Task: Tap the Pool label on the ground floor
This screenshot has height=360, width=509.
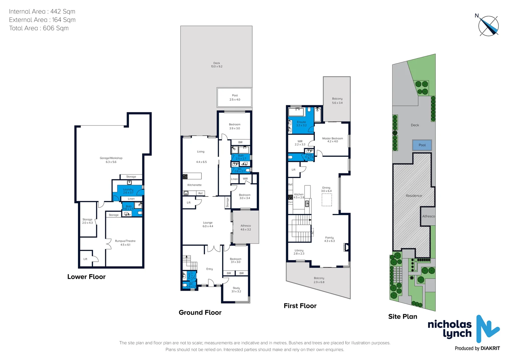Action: point(235,96)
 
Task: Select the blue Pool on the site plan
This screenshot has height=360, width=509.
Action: point(422,145)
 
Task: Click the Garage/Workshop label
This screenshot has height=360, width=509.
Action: point(111,158)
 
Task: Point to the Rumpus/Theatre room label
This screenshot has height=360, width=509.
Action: point(125,241)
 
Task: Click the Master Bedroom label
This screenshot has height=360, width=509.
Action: point(332,138)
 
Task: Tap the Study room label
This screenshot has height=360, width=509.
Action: point(236,288)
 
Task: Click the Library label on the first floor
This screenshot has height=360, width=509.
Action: point(299,251)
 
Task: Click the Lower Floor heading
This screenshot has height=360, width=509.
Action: point(86,277)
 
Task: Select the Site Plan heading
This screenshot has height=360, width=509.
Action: point(402,317)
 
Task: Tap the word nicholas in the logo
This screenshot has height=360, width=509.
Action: point(449,324)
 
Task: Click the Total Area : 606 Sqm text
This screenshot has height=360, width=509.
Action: point(39,28)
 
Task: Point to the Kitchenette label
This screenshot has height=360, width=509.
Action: point(194,185)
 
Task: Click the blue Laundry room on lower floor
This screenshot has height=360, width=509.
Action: point(128,191)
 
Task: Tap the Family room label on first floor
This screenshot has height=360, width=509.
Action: point(329,238)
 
